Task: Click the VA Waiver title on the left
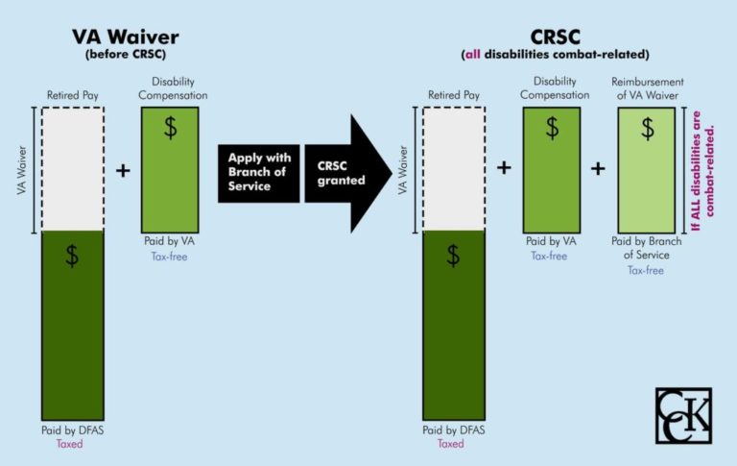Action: pyautogui.click(x=125, y=38)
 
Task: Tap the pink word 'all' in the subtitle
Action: pyautogui.click(x=478, y=55)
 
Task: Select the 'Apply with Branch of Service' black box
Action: pyautogui.click(x=257, y=173)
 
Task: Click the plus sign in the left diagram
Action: pyautogui.click(x=123, y=170)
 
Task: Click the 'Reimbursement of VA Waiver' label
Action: pyautogui.click(x=646, y=87)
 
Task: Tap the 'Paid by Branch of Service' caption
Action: pyautogui.click(x=647, y=248)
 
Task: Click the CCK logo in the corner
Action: pyautogui.click(x=683, y=415)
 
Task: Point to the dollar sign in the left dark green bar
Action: pyautogui.click(x=72, y=256)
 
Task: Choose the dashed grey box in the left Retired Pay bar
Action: pyautogui.click(x=73, y=168)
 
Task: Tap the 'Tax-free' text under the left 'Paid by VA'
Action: pyautogui.click(x=169, y=257)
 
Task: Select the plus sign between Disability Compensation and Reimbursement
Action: pyautogui.click(x=598, y=168)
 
